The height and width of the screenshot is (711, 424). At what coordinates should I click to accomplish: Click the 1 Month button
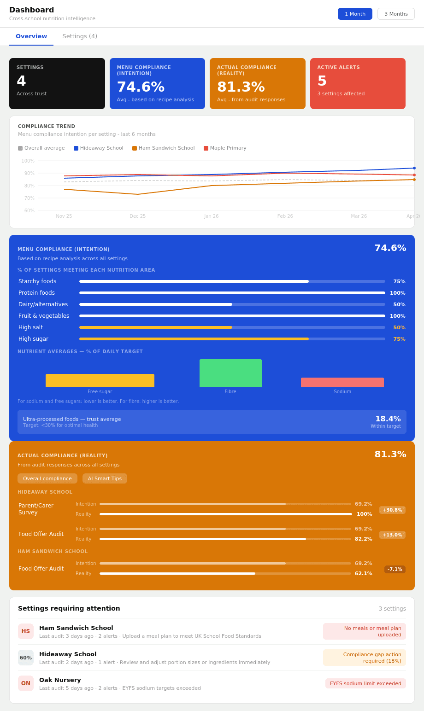tap(355, 14)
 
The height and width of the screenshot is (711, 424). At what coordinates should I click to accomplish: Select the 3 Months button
tap(396, 14)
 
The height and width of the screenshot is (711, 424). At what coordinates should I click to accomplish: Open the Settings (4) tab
tap(80, 36)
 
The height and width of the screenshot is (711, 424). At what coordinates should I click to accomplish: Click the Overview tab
tap(31, 36)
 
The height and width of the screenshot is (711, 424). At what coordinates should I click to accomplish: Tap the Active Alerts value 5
tap(322, 82)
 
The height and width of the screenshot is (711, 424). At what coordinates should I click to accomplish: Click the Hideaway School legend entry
tap(99, 148)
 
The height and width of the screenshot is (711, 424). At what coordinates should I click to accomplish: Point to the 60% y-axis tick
tap(28, 211)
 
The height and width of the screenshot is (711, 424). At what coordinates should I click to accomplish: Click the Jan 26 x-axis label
tap(212, 216)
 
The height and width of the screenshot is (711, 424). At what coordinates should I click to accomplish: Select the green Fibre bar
tap(230, 373)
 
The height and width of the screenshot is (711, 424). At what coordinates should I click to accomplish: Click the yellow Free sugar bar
tap(100, 380)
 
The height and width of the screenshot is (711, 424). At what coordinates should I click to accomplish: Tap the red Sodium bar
tap(342, 382)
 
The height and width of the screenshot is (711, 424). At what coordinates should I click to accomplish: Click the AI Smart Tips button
tap(105, 478)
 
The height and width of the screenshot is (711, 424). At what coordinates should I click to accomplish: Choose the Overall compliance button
tap(47, 478)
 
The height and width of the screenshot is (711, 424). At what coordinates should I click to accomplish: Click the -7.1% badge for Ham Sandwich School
tap(395, 570)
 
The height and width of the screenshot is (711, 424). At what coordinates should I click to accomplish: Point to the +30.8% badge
tap(392, 510)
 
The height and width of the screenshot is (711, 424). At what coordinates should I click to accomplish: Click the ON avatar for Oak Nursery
tap(26, 683)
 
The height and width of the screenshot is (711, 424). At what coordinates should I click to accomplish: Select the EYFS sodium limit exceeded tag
tap(365, 683)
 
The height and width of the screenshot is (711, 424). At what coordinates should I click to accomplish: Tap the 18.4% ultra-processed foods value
tap(388, 419)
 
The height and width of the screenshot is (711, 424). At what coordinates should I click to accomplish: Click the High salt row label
tap(30, 327)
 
